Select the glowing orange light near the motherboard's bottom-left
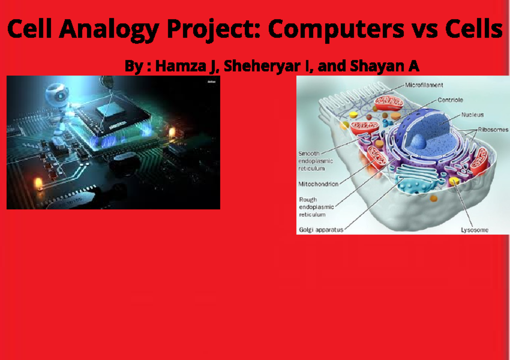point(38,183)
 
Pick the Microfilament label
point(424,85)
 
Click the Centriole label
point(450,100)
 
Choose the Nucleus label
point(472,115)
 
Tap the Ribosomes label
point(493,130)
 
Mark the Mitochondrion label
point(318,184)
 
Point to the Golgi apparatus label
point(321,230)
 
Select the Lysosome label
point(475,230)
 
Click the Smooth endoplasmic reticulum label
point(315,161)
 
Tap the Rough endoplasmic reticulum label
point(316,207)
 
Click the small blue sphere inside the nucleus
point(419,141)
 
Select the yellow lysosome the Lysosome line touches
point(454,182)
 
